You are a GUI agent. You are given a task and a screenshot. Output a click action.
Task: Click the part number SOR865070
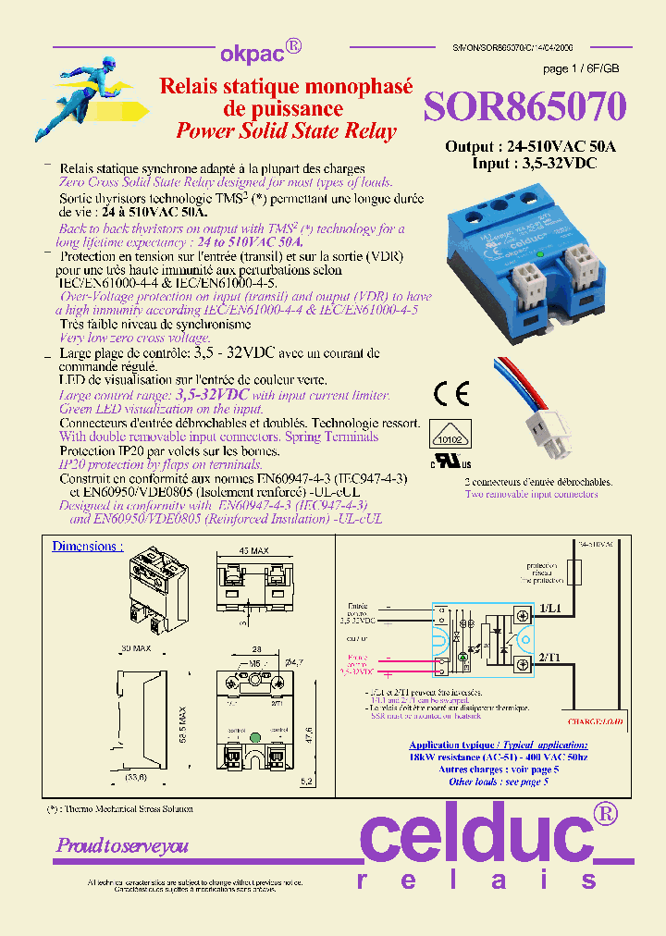coord(524,107)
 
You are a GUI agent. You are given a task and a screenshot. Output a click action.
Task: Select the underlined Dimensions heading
coord(87,547)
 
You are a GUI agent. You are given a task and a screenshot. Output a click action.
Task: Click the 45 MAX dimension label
coord(253,551)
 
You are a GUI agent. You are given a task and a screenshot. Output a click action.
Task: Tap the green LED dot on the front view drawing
coord(253,737)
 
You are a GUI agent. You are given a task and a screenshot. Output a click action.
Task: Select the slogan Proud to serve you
coord(122,845)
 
